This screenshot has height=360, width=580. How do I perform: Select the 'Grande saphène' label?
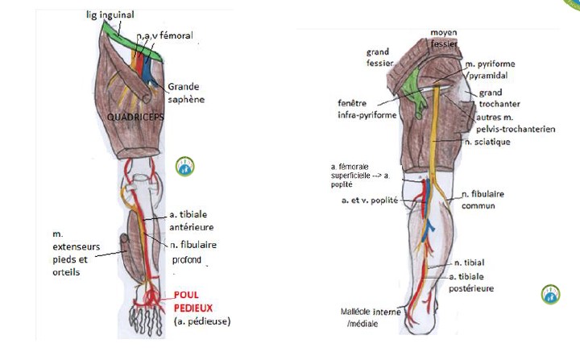[x=184, y=93]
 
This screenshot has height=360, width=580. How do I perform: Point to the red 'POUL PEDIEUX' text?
[x=191, y=301]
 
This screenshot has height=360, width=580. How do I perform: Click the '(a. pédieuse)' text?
[x=201, y=322]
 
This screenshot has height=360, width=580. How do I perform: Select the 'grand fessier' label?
[x=378, y=59]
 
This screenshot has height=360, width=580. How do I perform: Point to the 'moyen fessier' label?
[x=443, y=38]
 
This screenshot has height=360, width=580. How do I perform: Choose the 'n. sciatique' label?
[x=487, y=142]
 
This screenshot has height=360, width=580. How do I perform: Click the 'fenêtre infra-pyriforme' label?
[x=366, y=109]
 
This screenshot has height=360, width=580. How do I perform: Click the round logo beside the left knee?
[x=185, y=167]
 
